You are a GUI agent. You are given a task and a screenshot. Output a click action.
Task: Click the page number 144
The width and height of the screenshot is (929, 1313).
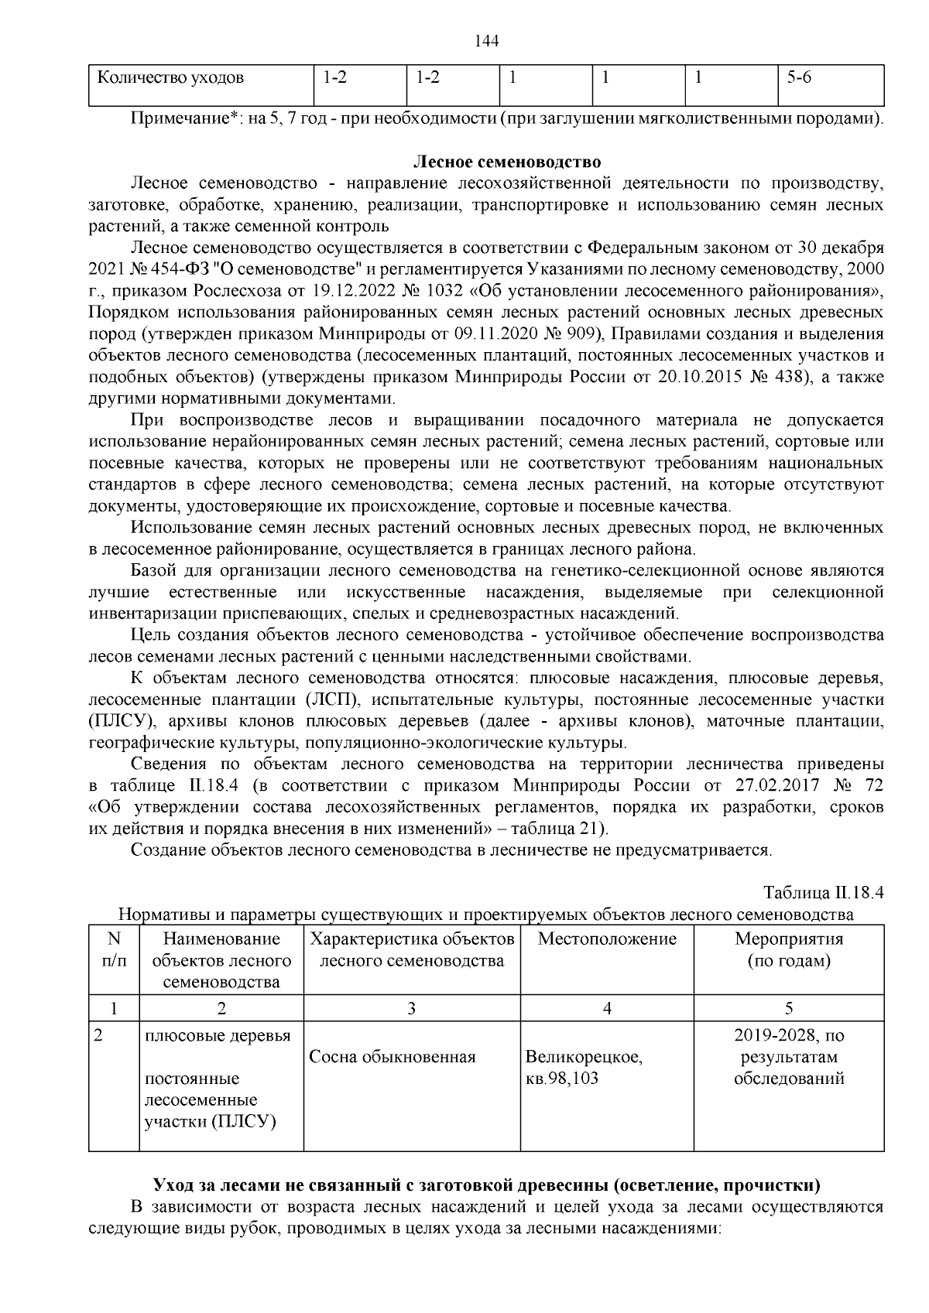click(485, 41)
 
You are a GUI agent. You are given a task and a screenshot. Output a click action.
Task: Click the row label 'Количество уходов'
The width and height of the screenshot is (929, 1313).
click(170, 78)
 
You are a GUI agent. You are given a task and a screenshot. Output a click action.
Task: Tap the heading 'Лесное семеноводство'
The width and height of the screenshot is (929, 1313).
click(507, 162)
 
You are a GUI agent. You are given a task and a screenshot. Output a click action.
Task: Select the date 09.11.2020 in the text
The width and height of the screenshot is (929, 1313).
click(491, 334)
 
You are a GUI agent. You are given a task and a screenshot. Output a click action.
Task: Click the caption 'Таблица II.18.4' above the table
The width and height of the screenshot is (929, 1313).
click(824, 892)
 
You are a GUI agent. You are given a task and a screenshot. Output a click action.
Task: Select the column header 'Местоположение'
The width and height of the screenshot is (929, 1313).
click(607, 939)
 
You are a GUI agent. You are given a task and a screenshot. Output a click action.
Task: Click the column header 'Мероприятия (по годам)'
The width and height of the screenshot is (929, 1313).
click(788, 950)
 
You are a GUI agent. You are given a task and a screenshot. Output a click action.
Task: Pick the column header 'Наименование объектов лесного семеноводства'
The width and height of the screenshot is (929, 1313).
click(221, 961)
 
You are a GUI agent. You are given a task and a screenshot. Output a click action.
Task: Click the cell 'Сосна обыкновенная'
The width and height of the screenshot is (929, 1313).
click(392, 1057)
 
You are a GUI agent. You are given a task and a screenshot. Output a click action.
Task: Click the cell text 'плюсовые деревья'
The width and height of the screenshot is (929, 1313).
click(218, 1035)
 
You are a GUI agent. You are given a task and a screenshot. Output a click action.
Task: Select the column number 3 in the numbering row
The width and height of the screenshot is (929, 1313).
click(411, 1008)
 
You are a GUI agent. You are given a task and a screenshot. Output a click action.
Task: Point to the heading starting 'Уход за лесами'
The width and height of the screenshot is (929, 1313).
click(487, 1185)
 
